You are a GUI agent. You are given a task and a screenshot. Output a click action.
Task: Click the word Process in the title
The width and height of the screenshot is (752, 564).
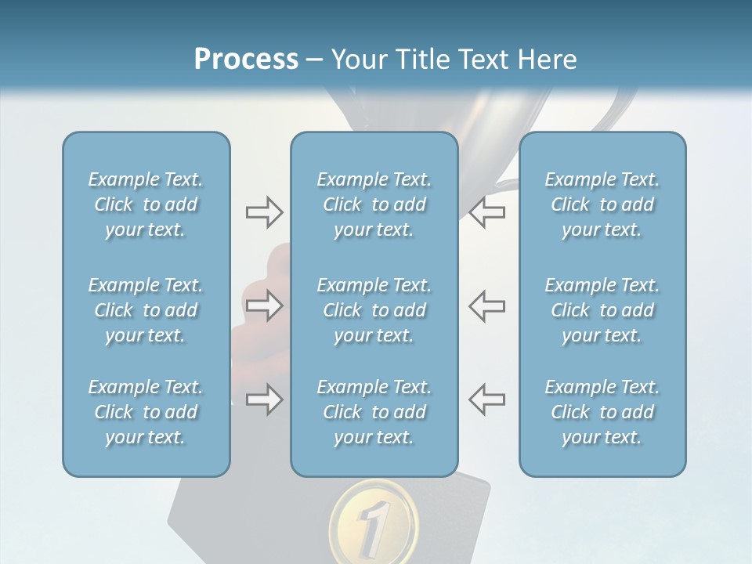pyautogui.click(x=246, y=60)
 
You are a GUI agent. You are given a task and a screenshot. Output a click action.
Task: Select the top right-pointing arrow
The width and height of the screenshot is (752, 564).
pyautogui.click(x=264, y=212)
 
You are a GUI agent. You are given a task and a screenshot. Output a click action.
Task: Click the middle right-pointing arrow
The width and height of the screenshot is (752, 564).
pyautogui.click(x=264, y=305)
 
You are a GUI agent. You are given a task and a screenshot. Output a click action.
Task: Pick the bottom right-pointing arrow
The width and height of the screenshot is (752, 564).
pyautogui.click(x=264, y=399)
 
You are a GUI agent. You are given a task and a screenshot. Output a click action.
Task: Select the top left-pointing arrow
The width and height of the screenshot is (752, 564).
pyautogui.click(x=486, y=212)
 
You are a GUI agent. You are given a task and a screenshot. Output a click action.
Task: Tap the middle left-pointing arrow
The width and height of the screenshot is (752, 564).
pyautogui.click(x=486, y=305)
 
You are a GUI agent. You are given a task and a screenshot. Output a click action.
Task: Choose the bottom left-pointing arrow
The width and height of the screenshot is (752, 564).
pyautogui.click(x=486, y=399)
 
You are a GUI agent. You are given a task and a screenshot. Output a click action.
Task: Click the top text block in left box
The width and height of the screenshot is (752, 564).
pyautogui.click(x=146, y=204)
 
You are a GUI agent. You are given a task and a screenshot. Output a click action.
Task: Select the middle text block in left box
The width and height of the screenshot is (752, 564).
pyautogui.click(x=146, y=310)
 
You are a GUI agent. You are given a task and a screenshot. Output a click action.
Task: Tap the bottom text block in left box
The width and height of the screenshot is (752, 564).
pyautogui.click(x=146, y=412)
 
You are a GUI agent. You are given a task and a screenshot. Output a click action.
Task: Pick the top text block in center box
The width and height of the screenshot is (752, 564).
pyautogui.click(x=374, y=204)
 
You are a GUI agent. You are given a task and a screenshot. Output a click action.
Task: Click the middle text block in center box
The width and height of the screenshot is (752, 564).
pyautogui.click(x=374, y=310)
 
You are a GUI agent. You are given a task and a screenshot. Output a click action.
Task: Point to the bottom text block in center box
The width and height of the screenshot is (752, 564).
pyautogui.click(x=374, y=412)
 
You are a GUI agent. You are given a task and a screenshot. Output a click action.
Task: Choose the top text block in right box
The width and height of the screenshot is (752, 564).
pyautogui.click(x=602, y=204)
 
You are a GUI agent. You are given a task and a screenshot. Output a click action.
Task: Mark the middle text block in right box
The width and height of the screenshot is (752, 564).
pyautogui.click(x=602, y=310)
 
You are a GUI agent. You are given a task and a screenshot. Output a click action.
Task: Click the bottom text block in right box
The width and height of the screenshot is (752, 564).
pyautogui.click(x=602, y=412)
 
